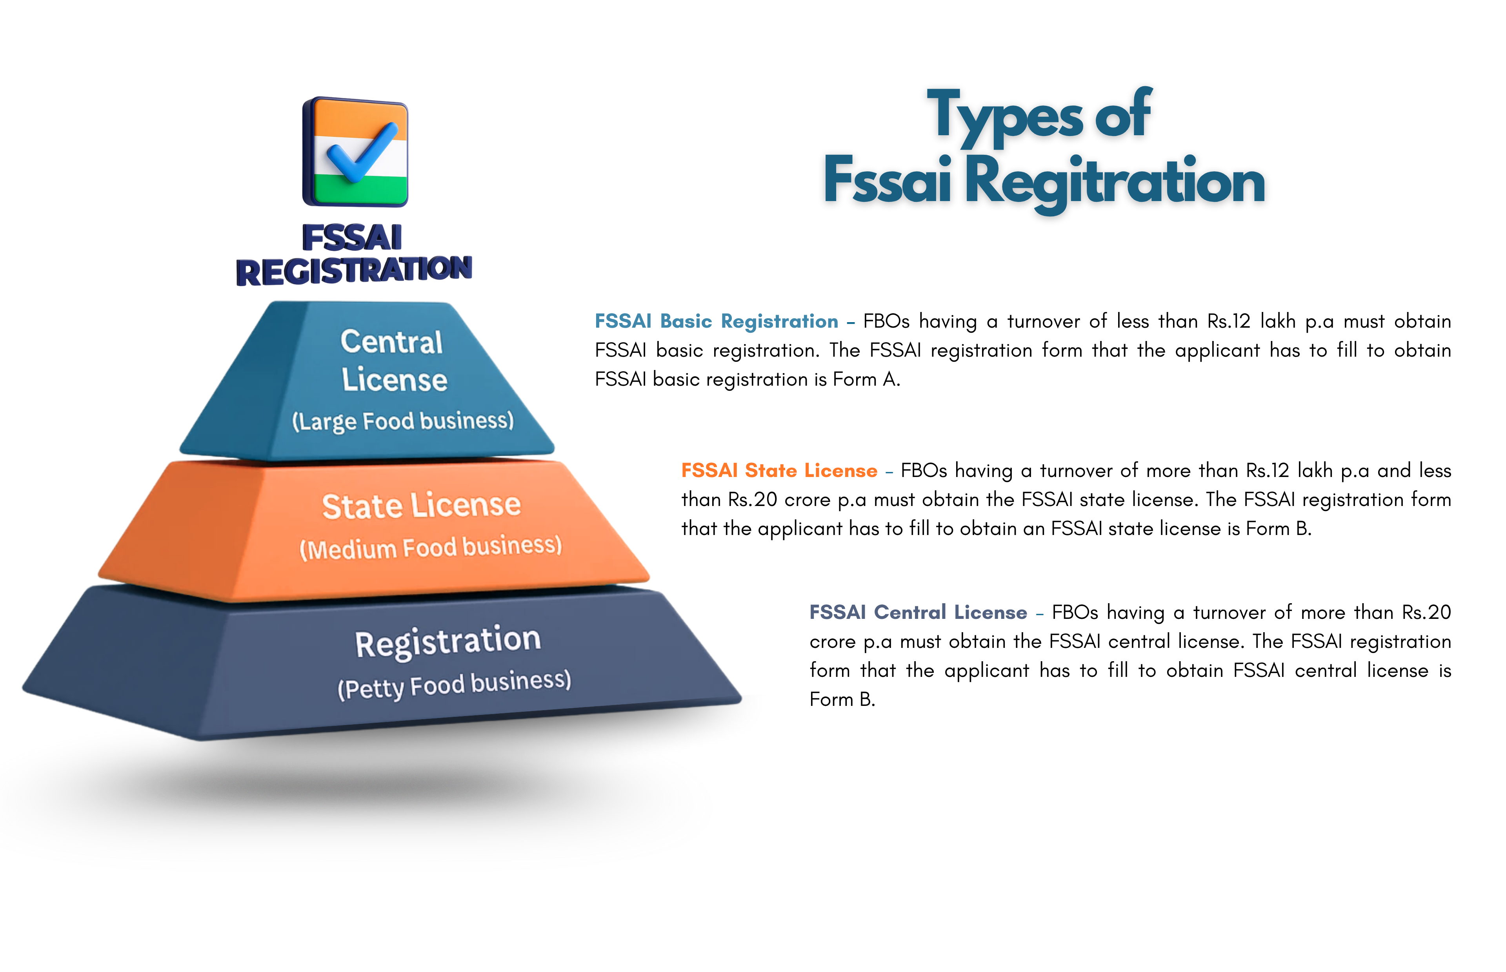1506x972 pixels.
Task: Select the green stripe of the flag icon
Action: pyautogui.click(x=360, y=188)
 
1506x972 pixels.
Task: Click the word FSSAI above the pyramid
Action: pyautogui.click(x=352, y=238)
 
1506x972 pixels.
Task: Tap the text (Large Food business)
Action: pyautogui.click(x=403, y=421)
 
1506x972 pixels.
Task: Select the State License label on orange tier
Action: pyautogui.click(x=421, y=506)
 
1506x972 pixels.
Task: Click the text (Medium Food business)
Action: pyautogui.click(x=431, y=547)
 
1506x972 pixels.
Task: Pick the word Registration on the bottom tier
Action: pyautogui.click(x=448, y=642)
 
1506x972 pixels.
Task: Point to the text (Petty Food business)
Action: pyautogui.click(x=454, y=684)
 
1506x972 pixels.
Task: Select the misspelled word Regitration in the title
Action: pyautogui.click(x=1115, y=182)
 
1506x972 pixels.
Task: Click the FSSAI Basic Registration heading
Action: pyautogui.click(x=717, y=321)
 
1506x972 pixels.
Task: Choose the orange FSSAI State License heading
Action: pyautogui.click(x=779, y=471)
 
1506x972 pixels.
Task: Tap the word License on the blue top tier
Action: pyautogui.click(x=395, y=380)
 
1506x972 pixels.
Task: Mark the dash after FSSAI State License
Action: pyautogui.click(x=889, y=472)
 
